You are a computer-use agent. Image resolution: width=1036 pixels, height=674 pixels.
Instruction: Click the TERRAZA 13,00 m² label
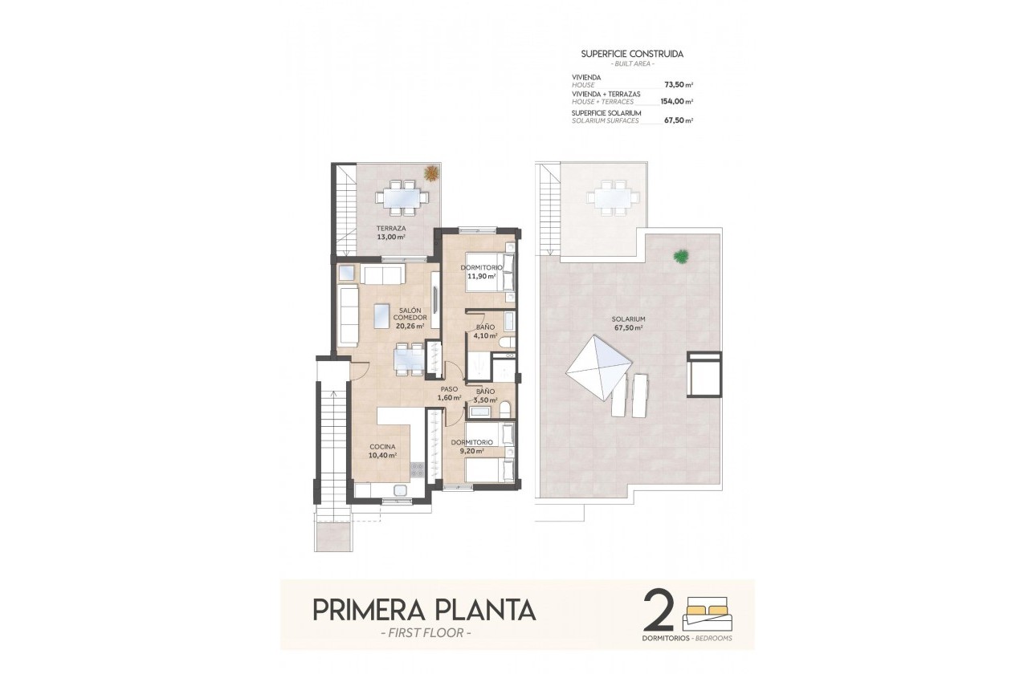click(x=393, y=232)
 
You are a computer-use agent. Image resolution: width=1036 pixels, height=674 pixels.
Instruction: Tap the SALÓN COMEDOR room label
click(x=410, y=317)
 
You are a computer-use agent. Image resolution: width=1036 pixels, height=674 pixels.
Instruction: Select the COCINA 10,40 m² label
click(x=382, y=450)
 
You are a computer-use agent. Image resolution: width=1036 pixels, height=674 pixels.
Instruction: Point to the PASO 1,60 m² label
click(x=449, y=393)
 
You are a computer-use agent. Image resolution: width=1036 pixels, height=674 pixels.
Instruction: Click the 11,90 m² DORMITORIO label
click(x=481, y=271)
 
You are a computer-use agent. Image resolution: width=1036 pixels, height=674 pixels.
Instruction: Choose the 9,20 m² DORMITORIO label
click(x=471, y=447)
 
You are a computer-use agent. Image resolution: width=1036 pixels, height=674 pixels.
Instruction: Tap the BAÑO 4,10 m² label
click(x=485, y=331)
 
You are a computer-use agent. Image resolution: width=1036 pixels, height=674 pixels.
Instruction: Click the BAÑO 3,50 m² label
click(x=485, y=395)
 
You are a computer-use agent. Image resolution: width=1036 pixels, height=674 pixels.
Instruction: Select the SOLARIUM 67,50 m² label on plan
click(x=627, y=323)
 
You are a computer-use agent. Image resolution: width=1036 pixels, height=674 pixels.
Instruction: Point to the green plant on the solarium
click(x=681, y=257)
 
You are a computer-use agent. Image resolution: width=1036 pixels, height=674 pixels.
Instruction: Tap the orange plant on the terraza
click(x=431, y=173)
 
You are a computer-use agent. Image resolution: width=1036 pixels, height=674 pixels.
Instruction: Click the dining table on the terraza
click(x=399, y=197)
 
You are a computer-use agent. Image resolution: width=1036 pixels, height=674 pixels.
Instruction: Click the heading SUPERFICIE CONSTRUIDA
click(x=632, y=54)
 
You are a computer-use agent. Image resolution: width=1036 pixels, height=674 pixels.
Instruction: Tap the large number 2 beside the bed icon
click(x=659, y=611)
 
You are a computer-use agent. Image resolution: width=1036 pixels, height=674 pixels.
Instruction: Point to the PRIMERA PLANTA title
click(x=423, y=610)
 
